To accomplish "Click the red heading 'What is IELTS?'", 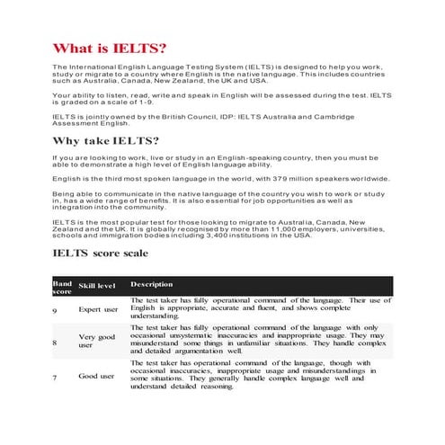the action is pos(111,48).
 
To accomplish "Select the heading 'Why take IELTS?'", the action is pos(107,141).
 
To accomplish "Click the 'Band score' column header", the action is pos(61,287).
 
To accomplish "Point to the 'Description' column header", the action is pos(151,284).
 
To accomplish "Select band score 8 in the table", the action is pos(56,343).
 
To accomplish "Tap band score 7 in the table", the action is pos(56,376).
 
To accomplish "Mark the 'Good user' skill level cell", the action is pos(96,376).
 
